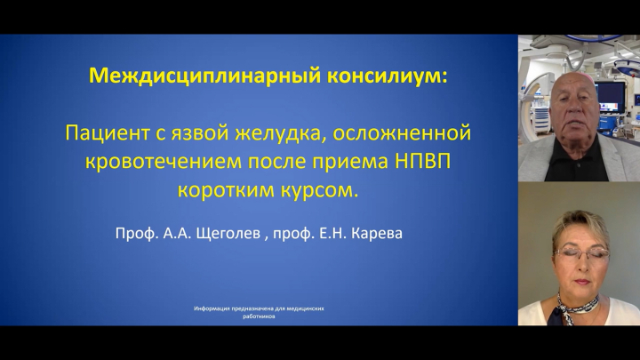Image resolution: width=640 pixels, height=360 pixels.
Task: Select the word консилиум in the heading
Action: pos(385,76)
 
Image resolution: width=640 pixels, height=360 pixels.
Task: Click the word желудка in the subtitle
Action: pos(280,134)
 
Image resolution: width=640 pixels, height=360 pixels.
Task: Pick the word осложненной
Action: pos(402,133)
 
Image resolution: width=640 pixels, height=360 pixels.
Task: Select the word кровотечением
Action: pos(163,163)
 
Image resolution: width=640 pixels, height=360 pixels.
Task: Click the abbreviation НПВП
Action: pos(422,162)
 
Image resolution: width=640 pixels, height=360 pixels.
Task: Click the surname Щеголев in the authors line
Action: pos(228,234)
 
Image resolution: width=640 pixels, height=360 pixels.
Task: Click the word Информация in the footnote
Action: pos(212,308)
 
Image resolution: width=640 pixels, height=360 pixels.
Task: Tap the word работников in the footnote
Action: pos(259,316)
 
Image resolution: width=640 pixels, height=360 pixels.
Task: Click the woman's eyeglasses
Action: pos(580,253)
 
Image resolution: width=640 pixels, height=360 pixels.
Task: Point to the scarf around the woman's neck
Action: pos(575,307)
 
